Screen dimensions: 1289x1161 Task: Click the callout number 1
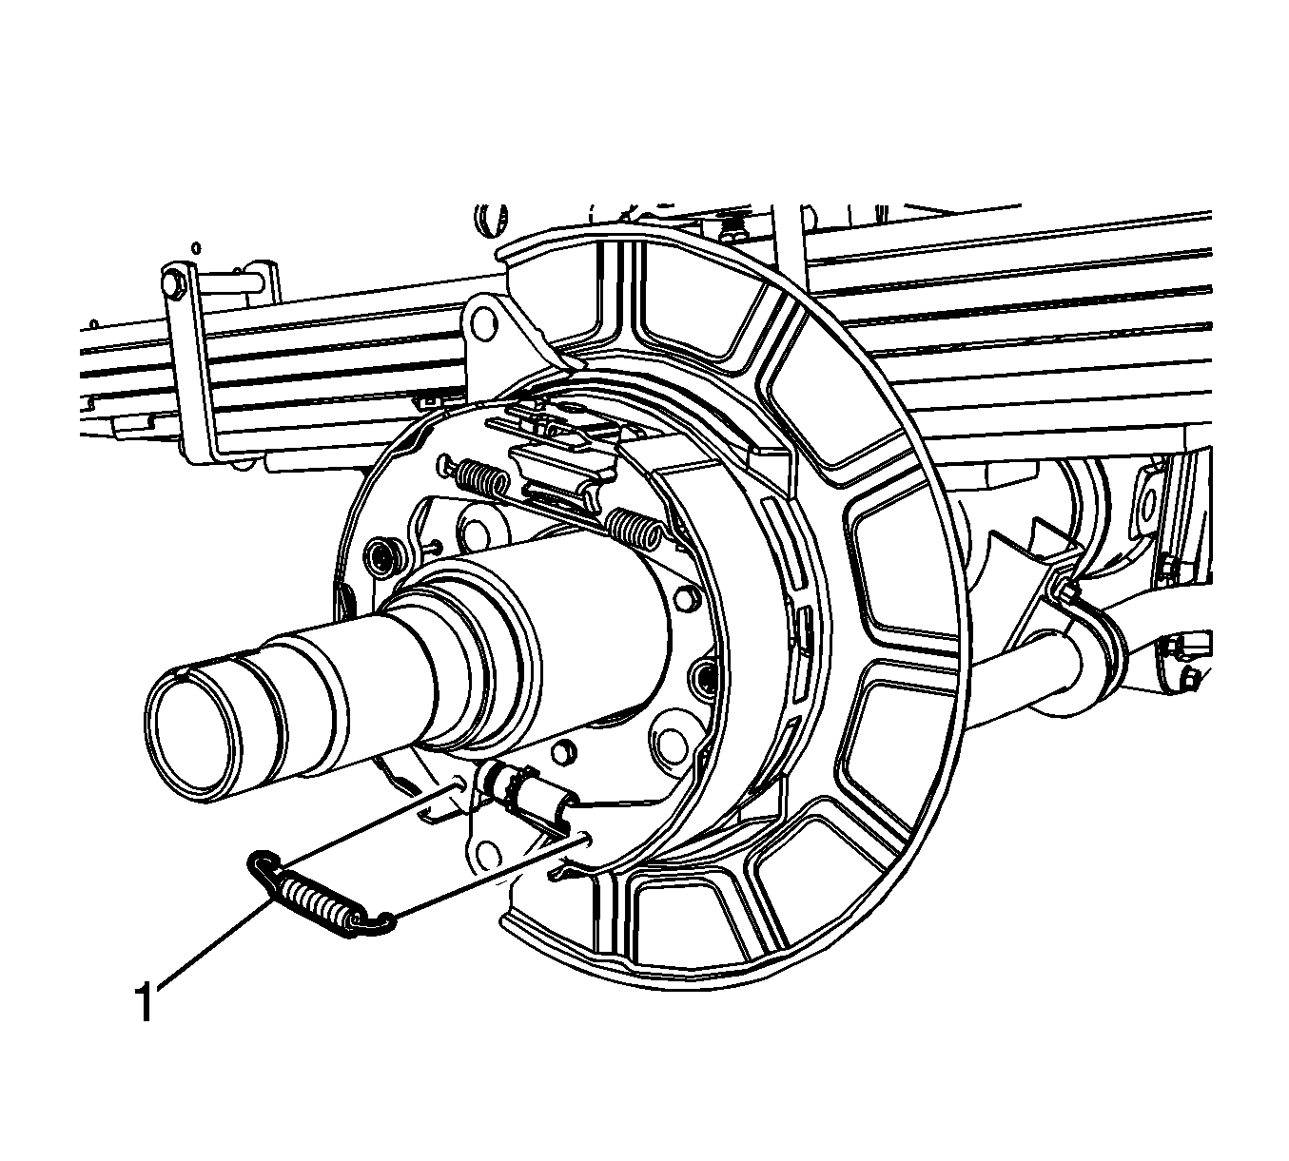[x=146, y=1000]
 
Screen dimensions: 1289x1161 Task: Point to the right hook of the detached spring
[x=376, y=924]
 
